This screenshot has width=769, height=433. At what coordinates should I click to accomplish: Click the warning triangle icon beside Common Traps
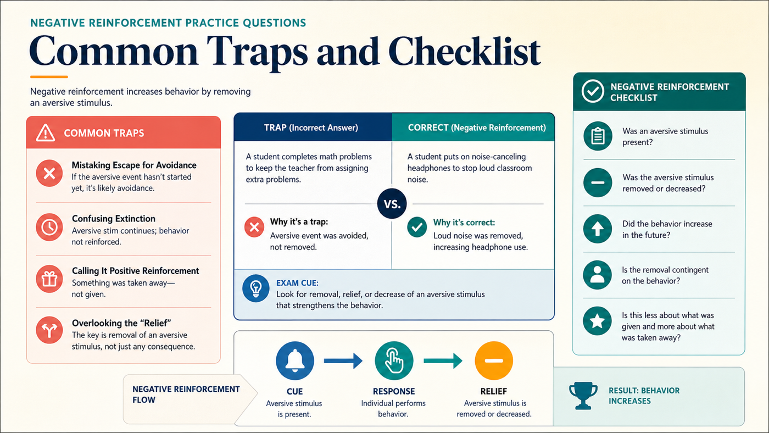[45, 132]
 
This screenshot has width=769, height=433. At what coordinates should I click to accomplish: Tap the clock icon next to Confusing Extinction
[49, 227]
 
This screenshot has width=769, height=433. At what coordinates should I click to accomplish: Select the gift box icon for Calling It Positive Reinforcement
[49, 279]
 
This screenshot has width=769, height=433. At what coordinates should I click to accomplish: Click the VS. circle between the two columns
[392, 204]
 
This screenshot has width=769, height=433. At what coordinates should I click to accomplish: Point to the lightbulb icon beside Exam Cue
[256, 288]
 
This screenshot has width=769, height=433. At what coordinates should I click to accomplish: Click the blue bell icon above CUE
[295, 360]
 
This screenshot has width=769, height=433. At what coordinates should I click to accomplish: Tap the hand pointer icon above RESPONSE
[394, 360]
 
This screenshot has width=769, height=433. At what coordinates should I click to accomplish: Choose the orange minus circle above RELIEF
[494, 360]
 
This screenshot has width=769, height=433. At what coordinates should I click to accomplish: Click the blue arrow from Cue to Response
[343, 360]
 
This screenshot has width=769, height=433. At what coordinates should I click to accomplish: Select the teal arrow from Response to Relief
[443, 360]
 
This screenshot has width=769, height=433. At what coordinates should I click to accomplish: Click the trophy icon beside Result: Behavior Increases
[583, 396]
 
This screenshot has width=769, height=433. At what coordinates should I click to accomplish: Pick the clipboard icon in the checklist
[598, 136]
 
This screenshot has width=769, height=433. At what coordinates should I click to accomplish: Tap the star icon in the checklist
[598, 321]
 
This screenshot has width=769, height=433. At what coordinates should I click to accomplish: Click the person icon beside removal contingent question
[598, 275]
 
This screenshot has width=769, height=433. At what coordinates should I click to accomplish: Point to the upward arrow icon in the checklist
[598, 229]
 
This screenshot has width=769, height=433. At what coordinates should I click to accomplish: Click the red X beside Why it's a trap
[254, 227]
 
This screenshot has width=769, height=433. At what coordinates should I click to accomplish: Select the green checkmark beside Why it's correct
[417, 227]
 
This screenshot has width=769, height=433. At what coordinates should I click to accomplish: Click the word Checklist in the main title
[464, 52]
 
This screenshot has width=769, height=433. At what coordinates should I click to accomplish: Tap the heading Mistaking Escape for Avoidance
[134, 165]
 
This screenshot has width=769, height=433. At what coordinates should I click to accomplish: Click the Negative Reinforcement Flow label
[186, 394]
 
